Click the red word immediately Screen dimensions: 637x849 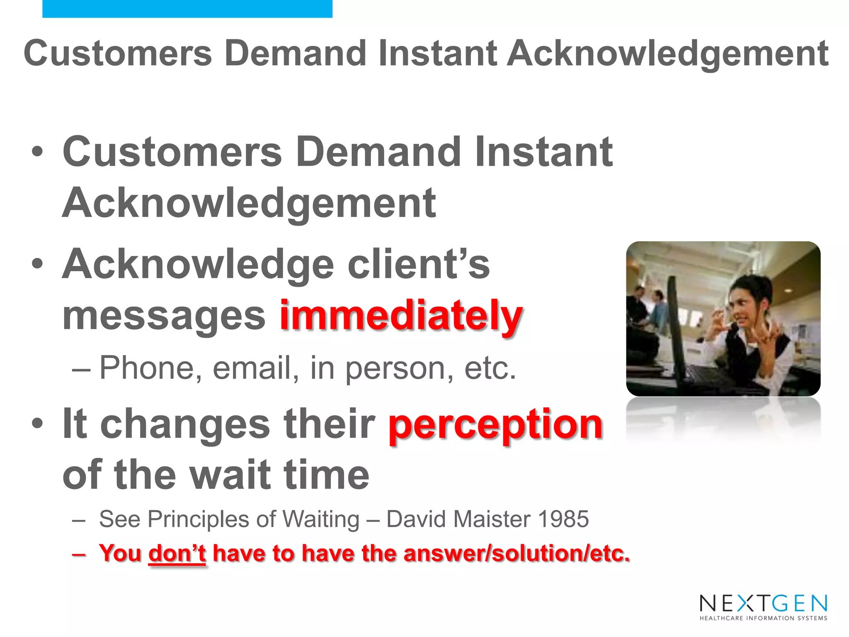pyautogui.click(x=400, y=316)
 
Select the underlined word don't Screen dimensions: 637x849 pyautogui.click(x=177, y=553)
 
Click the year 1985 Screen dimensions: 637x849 pyautogui.click(x=563, y=519)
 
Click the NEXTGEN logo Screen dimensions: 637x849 pyautogui.click(x=763, y=604)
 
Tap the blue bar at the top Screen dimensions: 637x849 pyautogui.click(x=187, y=8)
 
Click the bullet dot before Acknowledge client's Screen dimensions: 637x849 pyautogui.click(x=37, y=264)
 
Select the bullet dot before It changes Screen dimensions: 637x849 pyautogui.click(x=37, y=423)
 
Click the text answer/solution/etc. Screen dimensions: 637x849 pyautogui.click(x=517, y=553)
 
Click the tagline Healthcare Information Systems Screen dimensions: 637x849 pyautogui.click(x=763, y=618)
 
